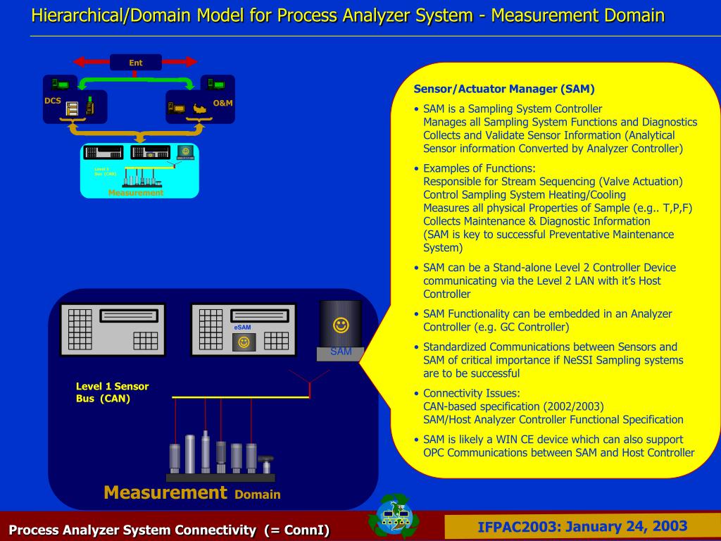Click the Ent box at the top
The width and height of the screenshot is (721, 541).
point(136,63)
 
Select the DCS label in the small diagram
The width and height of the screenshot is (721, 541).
point(53,101)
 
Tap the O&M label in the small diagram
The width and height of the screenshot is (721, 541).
point(222,104)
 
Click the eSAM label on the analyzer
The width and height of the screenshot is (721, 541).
point(242,328)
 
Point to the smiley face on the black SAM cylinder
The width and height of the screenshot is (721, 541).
point(341,325)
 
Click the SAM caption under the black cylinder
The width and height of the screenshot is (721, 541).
point(341,352)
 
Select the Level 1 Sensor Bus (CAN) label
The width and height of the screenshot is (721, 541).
point(112,392)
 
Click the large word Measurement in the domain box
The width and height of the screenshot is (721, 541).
point(165,492)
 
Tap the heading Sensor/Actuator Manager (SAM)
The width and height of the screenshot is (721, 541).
point(504,89)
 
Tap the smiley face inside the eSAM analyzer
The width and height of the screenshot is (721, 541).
point(244,342)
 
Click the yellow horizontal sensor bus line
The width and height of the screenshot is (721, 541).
point(240,397)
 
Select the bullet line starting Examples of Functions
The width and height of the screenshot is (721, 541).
point(479,168)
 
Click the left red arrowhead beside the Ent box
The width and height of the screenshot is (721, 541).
point(77,62)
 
